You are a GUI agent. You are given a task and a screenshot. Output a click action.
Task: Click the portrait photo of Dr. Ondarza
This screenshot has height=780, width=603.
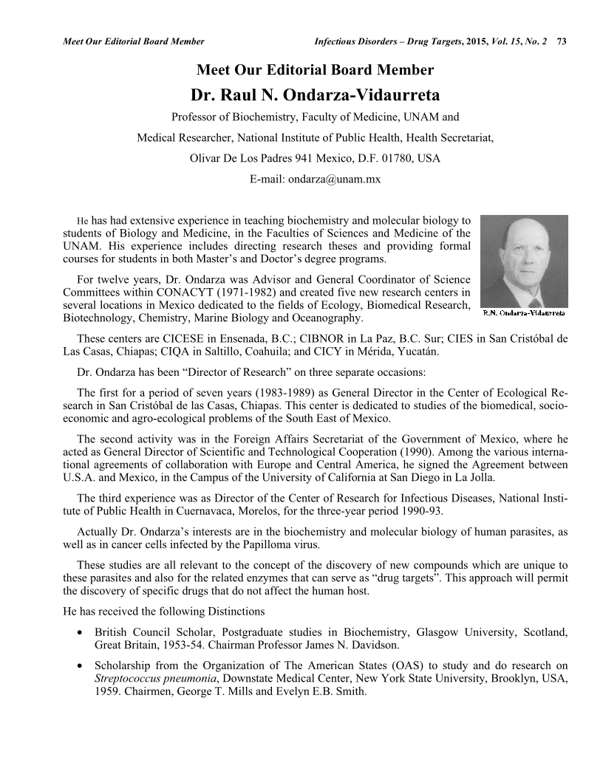(x=524, y=261)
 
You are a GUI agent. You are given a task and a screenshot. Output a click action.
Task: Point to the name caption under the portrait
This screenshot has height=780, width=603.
(x=524, y=312)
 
